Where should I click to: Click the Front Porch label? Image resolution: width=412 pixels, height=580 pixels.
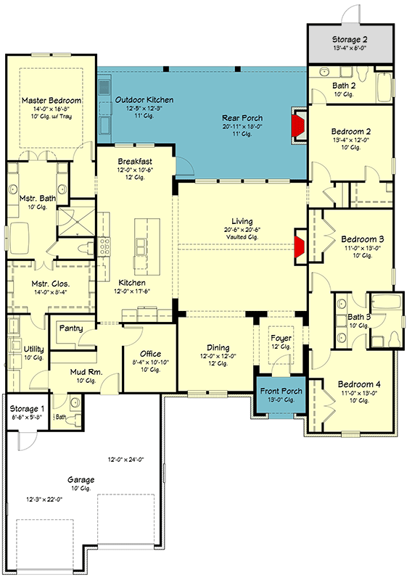pos(281,391)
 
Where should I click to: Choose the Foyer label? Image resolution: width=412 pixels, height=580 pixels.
pos(281,339)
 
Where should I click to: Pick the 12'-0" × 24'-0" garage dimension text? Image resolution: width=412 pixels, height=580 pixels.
pos(131,460)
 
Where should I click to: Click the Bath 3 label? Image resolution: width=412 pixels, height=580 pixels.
pos(359,316)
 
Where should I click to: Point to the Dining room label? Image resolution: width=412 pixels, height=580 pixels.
pos(218,347)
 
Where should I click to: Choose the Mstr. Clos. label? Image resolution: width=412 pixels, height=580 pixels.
pos(49,283)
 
